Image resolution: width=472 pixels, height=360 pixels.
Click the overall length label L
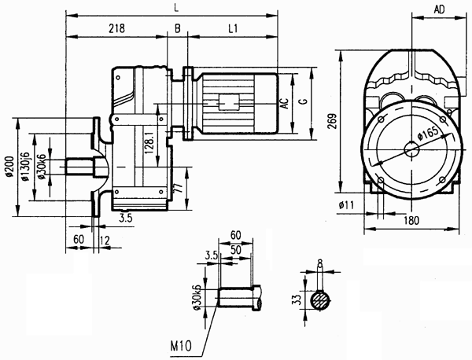coord(173,6)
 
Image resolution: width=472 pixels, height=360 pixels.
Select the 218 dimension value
coord(118,28)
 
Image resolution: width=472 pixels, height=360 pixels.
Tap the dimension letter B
coord(178,28)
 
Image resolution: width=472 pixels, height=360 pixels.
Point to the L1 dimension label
coord(234,28)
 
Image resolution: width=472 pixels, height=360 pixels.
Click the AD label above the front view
coord(441,9)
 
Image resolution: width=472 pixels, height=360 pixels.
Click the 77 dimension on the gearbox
coord(179,189)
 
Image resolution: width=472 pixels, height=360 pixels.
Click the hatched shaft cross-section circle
coord(320,300)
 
